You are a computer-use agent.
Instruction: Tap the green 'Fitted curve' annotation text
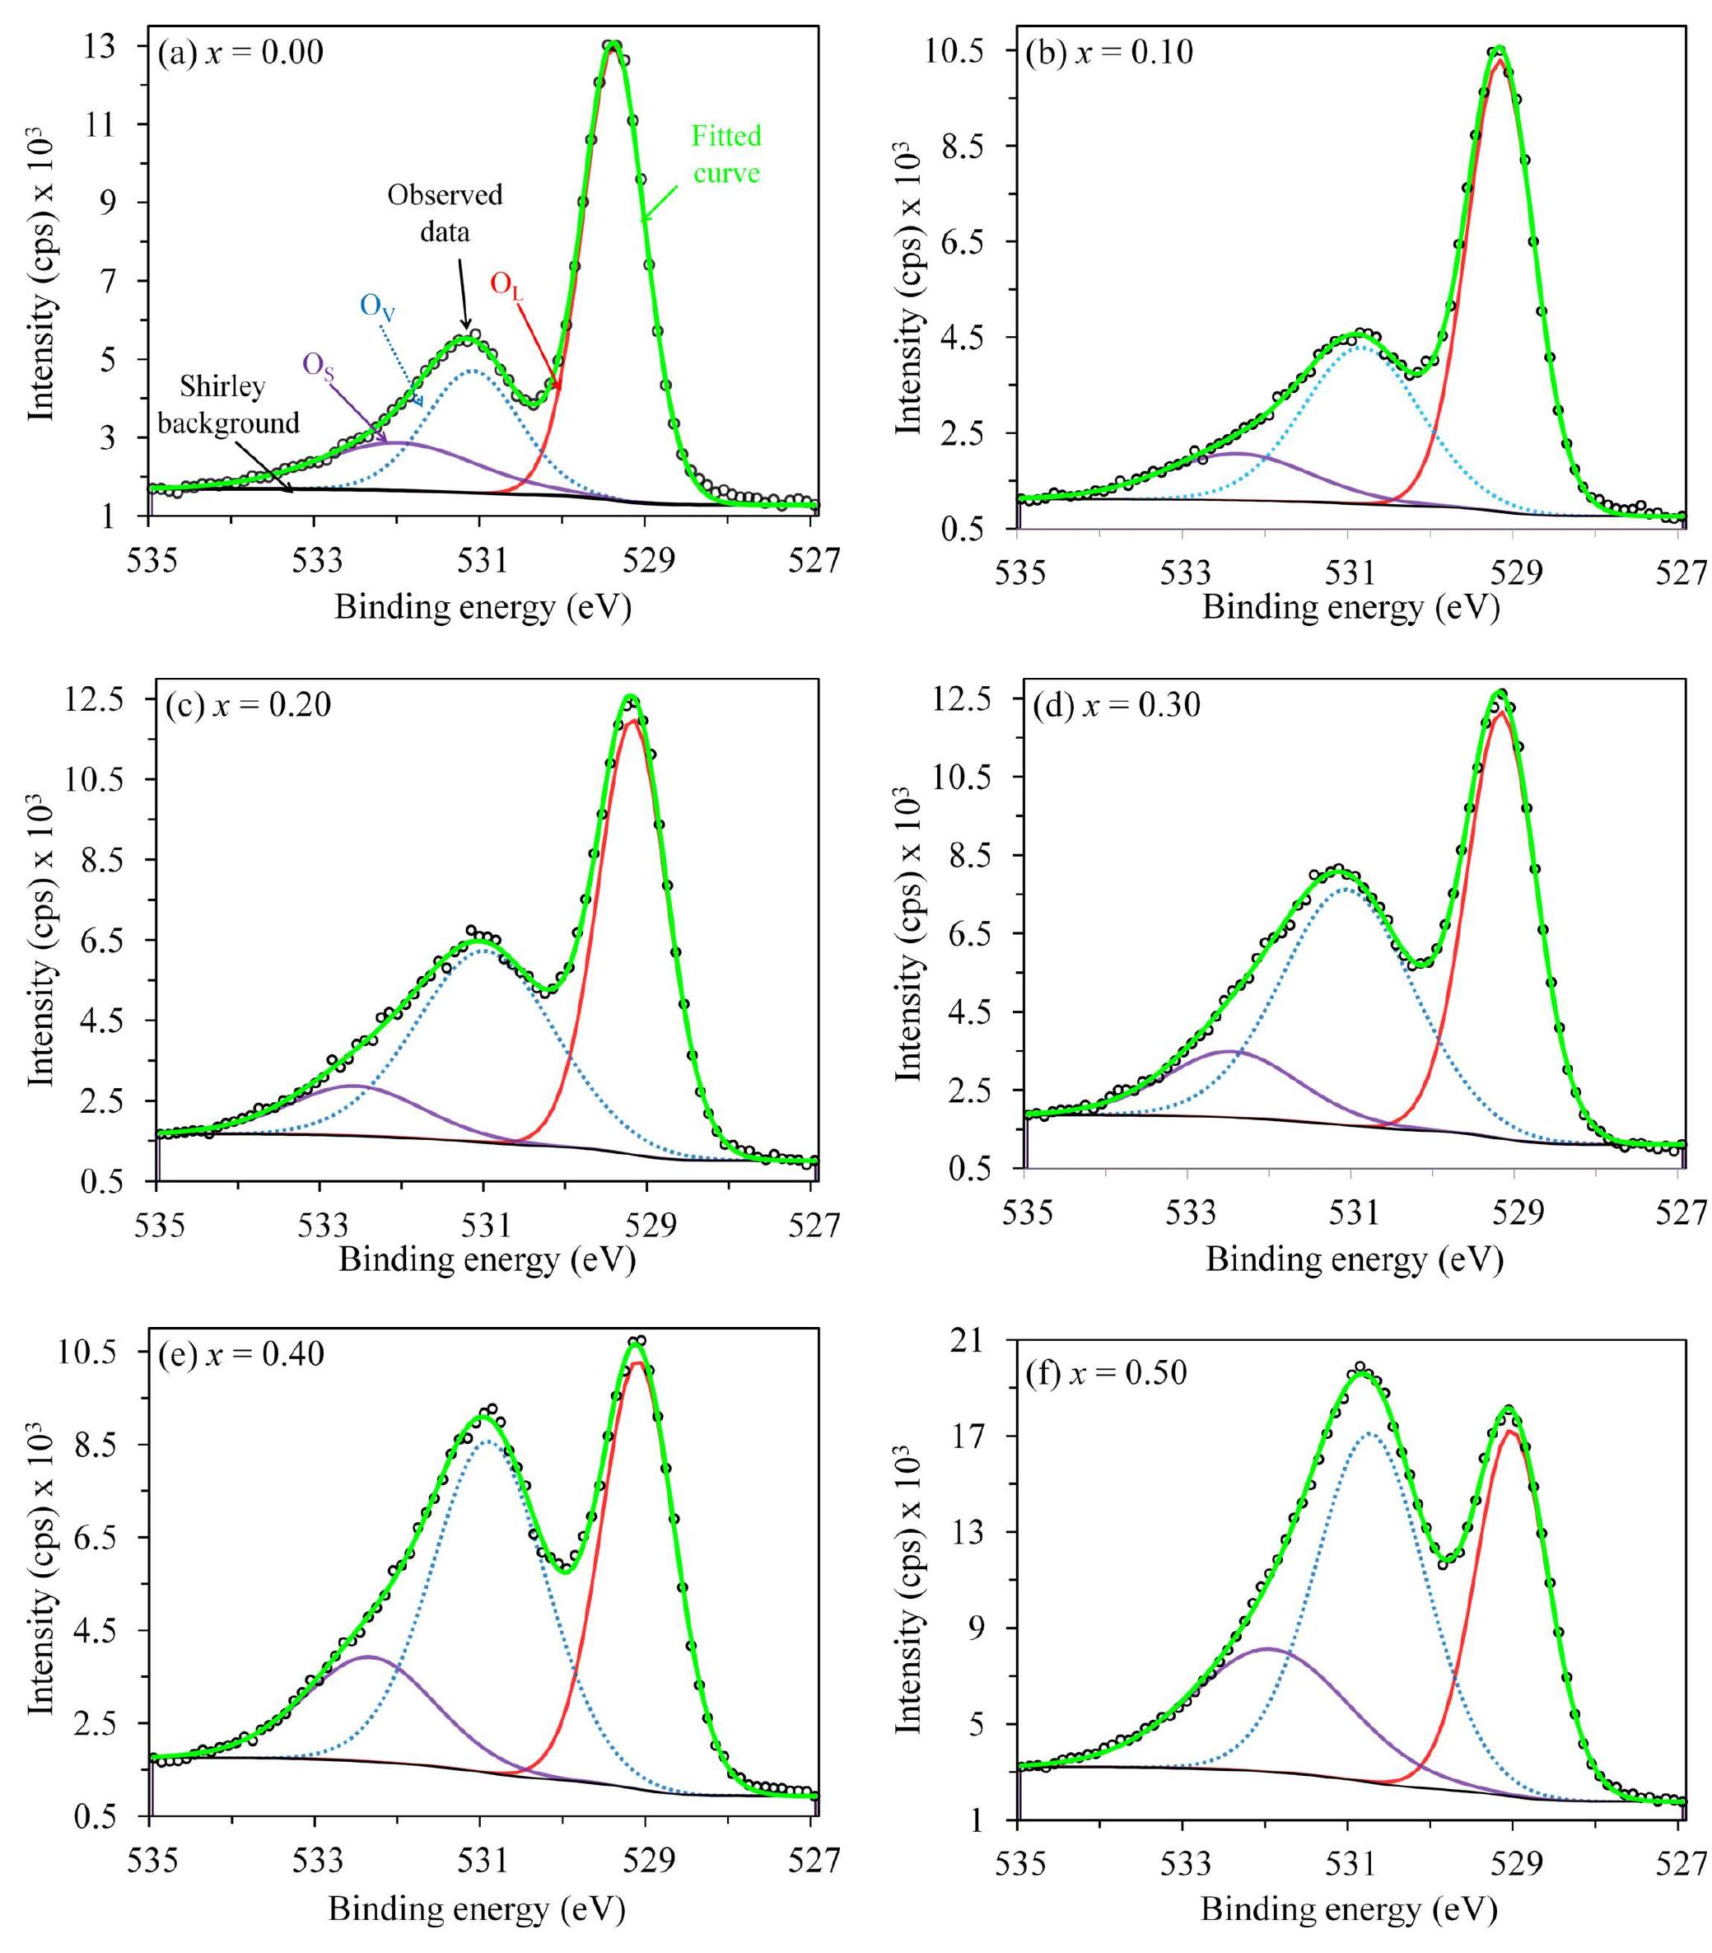[x=726, y=155]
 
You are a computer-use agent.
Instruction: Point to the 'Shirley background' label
[x=226, y=404]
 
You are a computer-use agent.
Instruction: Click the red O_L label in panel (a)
[x=506, y=285]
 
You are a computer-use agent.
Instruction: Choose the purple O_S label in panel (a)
[x=319, y=366]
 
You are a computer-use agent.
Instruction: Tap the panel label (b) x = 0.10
[x=1109, y=52]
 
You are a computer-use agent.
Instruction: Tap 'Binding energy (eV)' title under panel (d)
[x=1354, y=1259]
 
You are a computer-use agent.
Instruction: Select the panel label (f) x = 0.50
[x=1105, y=1373]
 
